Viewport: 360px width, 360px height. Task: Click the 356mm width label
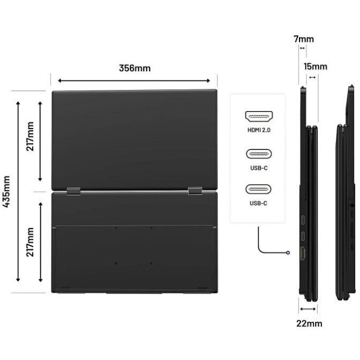(135, 68)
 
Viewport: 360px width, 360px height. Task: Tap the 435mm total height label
(6, 191)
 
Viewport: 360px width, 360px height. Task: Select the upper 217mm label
(30, 137)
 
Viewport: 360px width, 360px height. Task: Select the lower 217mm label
(30, 242)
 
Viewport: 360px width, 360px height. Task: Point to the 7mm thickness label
(304, 39)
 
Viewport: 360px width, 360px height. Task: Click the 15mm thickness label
(316, 66)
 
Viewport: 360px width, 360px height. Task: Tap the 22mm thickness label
(309, 324)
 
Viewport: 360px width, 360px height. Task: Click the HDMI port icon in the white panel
(259, 116)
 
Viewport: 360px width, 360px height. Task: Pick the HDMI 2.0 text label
(259, 130)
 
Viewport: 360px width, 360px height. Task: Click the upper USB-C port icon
(259, 154)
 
